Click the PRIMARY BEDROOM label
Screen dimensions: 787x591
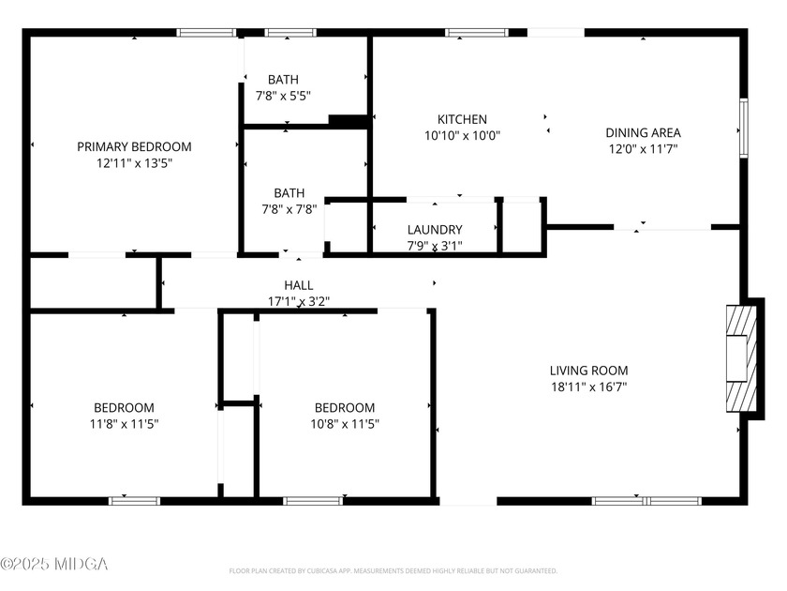[x=134, y=146]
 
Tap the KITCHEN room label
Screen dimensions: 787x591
[x=462, y=120]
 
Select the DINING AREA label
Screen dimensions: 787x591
[x=643, y=132]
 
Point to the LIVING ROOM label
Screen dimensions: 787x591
[x=588, y=371]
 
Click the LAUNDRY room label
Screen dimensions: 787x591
[x=435, y=230]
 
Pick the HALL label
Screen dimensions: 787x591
[x=299, y=285]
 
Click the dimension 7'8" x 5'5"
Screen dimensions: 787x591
[x=283, y=96]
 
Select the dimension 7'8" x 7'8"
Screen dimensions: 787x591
[x=290, y=209]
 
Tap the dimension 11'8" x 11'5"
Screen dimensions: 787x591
[x=124, y=424]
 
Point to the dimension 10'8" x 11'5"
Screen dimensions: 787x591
[x=345, y=424]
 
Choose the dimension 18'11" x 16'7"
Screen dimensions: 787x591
[x=588, y=386]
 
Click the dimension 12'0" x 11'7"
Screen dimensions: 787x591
[x=643, y=149]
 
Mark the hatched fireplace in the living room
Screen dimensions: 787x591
[x=741, y=358]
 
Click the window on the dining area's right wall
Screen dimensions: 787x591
[x=744, y=129]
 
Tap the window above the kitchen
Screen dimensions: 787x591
[x=477, y=33]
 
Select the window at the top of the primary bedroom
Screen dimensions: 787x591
[x=206, y=33]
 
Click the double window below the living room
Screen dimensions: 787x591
[x=646, y=501]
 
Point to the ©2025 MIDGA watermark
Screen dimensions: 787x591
[x=53, y=564]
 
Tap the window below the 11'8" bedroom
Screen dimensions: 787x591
[x=135, y=501]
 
